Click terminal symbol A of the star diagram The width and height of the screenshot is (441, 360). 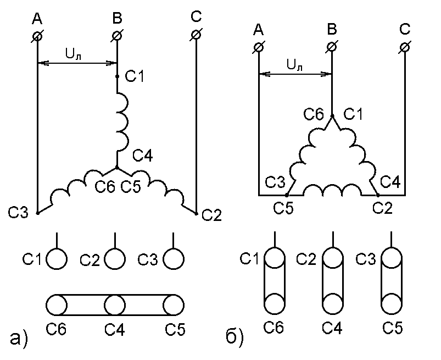click(x=37, y=36)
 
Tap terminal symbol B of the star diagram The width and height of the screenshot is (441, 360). click(x=117, y=36)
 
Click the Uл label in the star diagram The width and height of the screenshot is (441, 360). click(x=74, y=54)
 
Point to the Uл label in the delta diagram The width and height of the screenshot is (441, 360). click(x=294, y=65)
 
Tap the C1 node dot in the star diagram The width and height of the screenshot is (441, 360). click(x=117, y=77)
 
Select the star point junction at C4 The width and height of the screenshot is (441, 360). click(x=117, y=167)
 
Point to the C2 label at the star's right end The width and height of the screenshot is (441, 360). click(x=211, y=214)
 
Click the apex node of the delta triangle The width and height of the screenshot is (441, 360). click(x=332, y=115)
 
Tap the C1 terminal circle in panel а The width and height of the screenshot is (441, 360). click(x=56, y=258)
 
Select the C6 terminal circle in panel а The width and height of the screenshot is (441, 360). click(x=56, y=304)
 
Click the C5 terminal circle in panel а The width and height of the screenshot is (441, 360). click(x=174, y=304)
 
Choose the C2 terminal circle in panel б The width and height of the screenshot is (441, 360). click(x=332, y=257)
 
